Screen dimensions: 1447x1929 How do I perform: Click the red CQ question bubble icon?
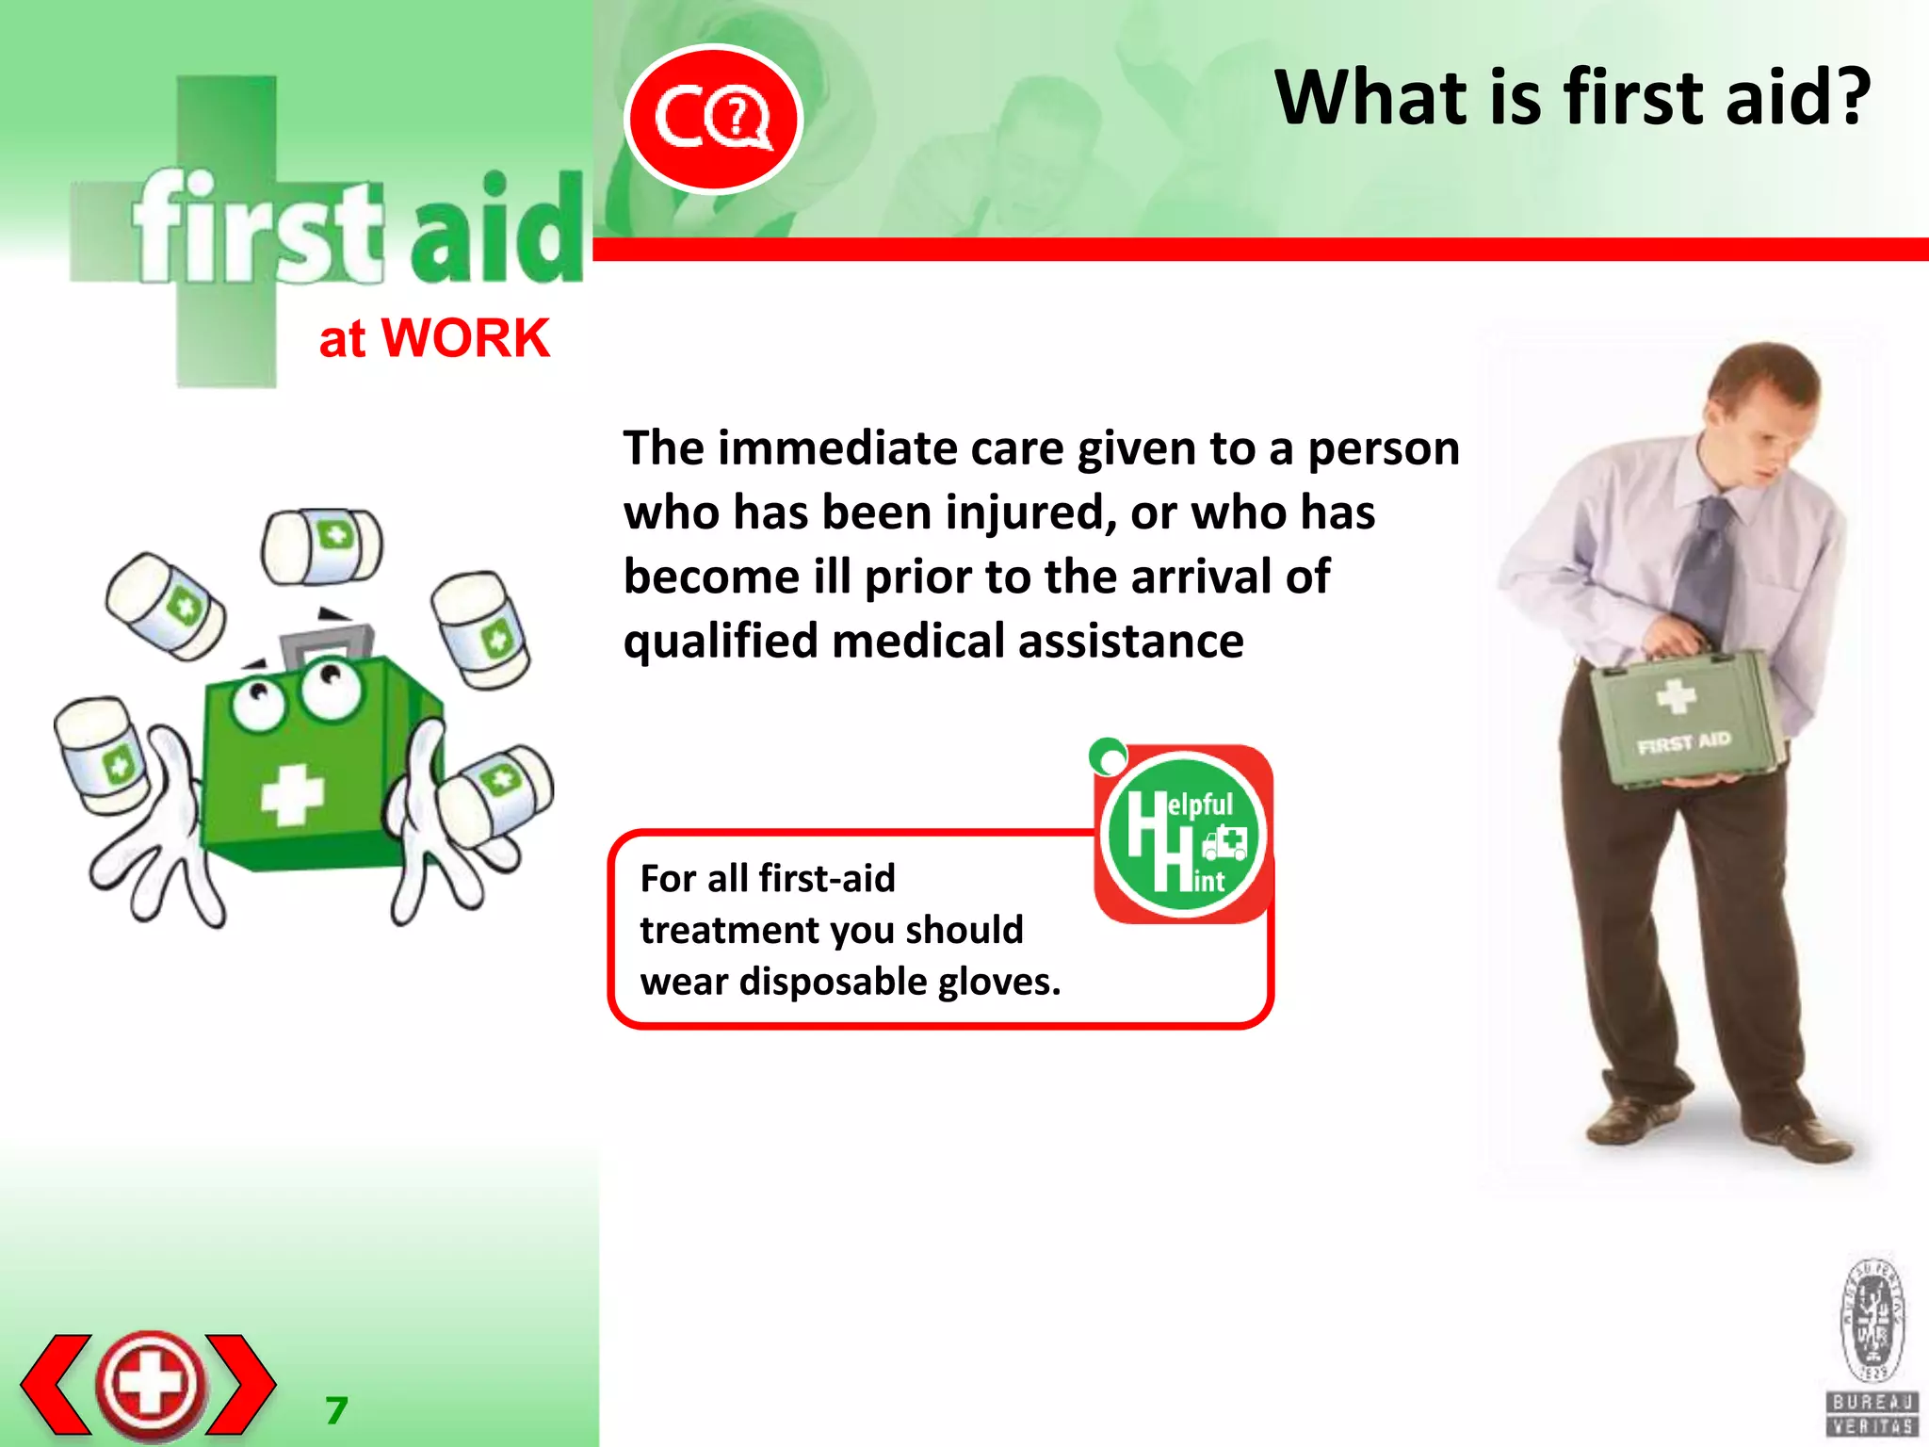coord(713,119)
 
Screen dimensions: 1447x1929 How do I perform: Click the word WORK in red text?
coord(465,338)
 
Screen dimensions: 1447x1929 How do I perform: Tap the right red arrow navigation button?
coord(241,1384)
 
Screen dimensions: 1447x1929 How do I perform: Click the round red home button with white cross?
coord(150,1384)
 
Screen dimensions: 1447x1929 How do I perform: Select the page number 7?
coord(336,1410)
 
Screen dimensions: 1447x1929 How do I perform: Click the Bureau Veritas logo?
coord(1872,1347)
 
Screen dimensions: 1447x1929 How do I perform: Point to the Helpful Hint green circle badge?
coord(1182,836)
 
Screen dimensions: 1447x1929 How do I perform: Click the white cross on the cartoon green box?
coord(291,794)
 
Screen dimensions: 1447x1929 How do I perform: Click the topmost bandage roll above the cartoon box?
coord(321,546)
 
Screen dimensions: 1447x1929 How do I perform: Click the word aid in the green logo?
coord(496,231)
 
